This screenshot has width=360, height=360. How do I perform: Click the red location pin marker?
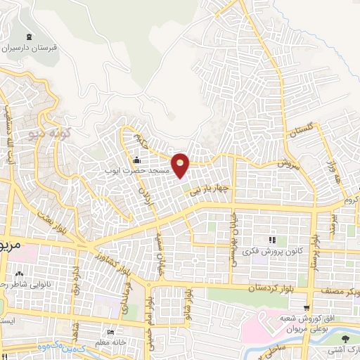click(181, 165)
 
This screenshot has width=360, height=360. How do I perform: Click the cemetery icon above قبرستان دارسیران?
click(28, 37)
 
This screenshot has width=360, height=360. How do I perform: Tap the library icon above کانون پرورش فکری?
click(273, 240)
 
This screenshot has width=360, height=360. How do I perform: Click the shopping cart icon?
click(307, 307)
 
